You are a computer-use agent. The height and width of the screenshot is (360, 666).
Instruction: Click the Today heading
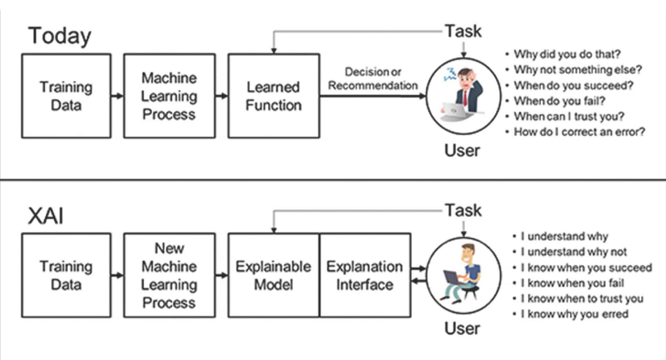(x=60, y=36)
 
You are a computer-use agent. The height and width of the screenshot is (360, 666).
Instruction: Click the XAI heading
(x=46, y=216)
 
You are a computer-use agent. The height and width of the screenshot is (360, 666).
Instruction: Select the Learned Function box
(x=274, y=96)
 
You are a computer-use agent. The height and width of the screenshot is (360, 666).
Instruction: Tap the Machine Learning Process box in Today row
(x=169, y=96)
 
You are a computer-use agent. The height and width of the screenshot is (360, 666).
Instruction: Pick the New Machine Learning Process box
(x=169, y=275)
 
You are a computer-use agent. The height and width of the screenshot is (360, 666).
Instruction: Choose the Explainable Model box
(x=274, y=275)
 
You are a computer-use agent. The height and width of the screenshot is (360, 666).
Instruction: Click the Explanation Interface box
(x=365, y=275)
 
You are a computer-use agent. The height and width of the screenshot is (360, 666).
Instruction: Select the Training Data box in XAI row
(x=66, y=275)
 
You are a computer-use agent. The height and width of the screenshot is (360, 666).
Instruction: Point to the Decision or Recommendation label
(x=373, y=78)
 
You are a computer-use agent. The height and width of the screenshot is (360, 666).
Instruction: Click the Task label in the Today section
(x=463, y=31)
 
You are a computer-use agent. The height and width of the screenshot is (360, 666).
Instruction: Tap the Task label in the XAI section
(x=463, y=210)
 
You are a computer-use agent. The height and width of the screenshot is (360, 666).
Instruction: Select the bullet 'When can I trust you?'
(x=569, y=116)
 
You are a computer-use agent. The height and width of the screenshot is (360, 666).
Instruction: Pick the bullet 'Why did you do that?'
(x=567, y=54)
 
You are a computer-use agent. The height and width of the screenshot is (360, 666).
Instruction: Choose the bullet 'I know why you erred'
(x=574, y=314)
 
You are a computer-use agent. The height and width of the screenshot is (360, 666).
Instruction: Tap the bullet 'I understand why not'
(x=574, y=252)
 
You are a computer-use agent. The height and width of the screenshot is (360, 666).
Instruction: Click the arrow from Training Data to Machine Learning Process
(x=117, y=96)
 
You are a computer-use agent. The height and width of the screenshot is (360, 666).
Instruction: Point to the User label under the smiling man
(x=462, y=328)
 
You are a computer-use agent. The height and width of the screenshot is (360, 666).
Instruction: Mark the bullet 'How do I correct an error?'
(x=579, y=132)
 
